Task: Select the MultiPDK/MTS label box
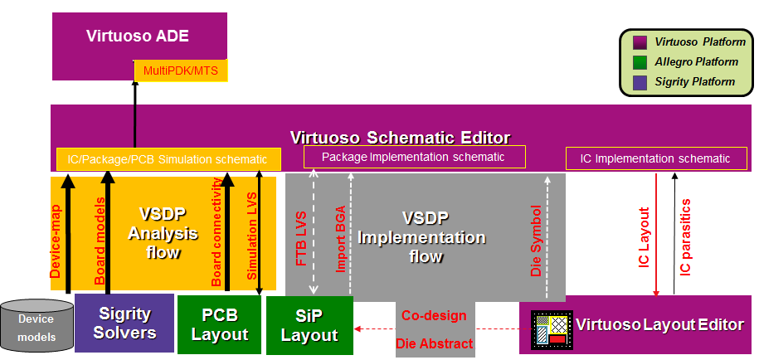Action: (181, 71)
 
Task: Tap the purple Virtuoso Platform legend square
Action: (640, 42)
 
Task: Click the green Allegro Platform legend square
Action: (640, 62)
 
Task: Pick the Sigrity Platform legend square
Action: (640, 82)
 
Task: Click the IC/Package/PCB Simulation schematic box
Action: (168, 159)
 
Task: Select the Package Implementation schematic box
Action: (413, 157)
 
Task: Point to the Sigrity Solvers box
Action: (124, 324)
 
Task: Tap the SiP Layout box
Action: (309, 325)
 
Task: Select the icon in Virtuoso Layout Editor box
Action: (551, 328)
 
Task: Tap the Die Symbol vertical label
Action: (537, 241)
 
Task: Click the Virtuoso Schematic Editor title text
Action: (400, 137)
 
